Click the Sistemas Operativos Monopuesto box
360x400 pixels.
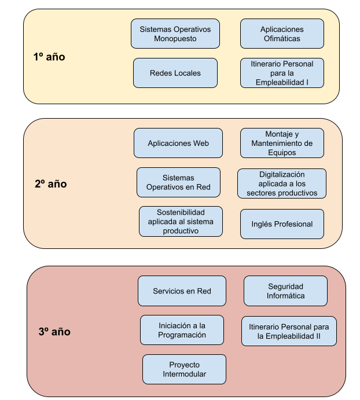pos(175,34)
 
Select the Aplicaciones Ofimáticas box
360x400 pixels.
pos(282,34)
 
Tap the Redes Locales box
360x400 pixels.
pos(175,73)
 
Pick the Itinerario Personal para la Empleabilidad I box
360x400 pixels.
pos(282,73)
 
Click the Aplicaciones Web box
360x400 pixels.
pos(178,143)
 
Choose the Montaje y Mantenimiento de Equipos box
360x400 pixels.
pos(282,143)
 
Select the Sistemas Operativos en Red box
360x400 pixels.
pos(178,182)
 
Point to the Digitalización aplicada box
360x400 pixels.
pos(282,183)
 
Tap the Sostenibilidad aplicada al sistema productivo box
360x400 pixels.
pos(181,221)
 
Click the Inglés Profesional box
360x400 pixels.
pos(282,224)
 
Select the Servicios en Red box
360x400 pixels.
pos(182,291)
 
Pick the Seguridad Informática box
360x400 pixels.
pos(285,291)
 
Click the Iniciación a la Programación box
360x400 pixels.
pos(182,330)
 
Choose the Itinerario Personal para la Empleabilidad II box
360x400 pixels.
pos(289,331)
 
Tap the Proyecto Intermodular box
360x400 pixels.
pos(184,369)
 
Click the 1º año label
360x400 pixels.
pos(49,57)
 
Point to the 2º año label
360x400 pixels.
pos(51,184)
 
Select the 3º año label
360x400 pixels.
pos(54,332)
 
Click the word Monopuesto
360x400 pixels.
pos(175,39)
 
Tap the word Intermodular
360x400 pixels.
pos(184,374)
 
